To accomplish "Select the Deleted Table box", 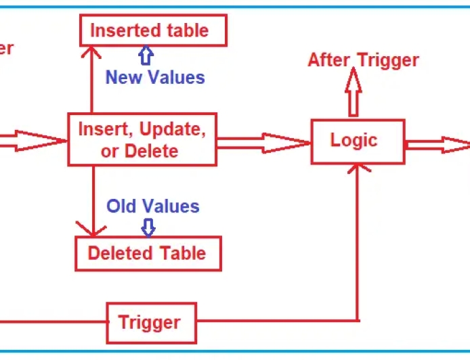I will pyautogui.click(x=148, y=253).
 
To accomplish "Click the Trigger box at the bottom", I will pyautogui.click(x=150, y=322).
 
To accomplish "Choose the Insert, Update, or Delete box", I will pyautogui.click(x=142, y=139).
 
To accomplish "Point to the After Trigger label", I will pyautogui.click(x=363, y=60).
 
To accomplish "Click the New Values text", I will pyautogui.click(x=155, y=77).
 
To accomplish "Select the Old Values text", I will pyautogui.click(x=153, y=206).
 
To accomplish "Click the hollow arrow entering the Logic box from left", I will pyautogui.click(x=264, y=142).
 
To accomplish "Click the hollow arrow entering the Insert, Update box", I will pyautogui.click(x=34, y=141).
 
